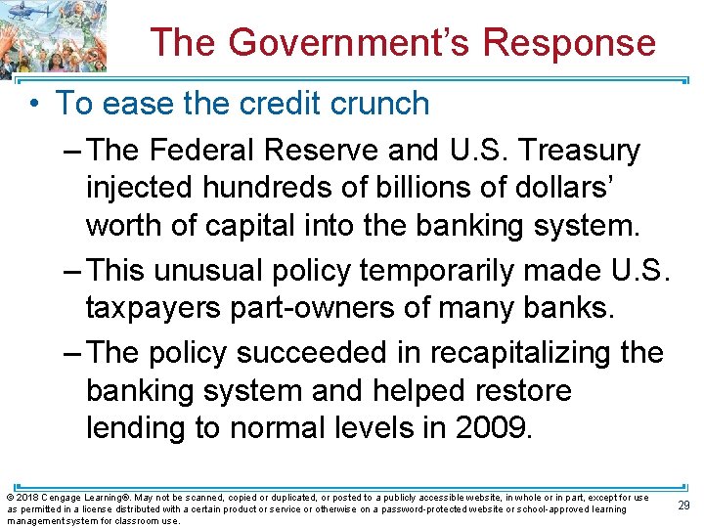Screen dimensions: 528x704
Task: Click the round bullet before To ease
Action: pos(35,104)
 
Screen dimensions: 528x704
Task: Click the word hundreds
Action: pos(257,188)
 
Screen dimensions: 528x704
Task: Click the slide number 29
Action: pos(683,505)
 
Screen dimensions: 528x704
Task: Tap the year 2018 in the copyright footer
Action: pos(26,498)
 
